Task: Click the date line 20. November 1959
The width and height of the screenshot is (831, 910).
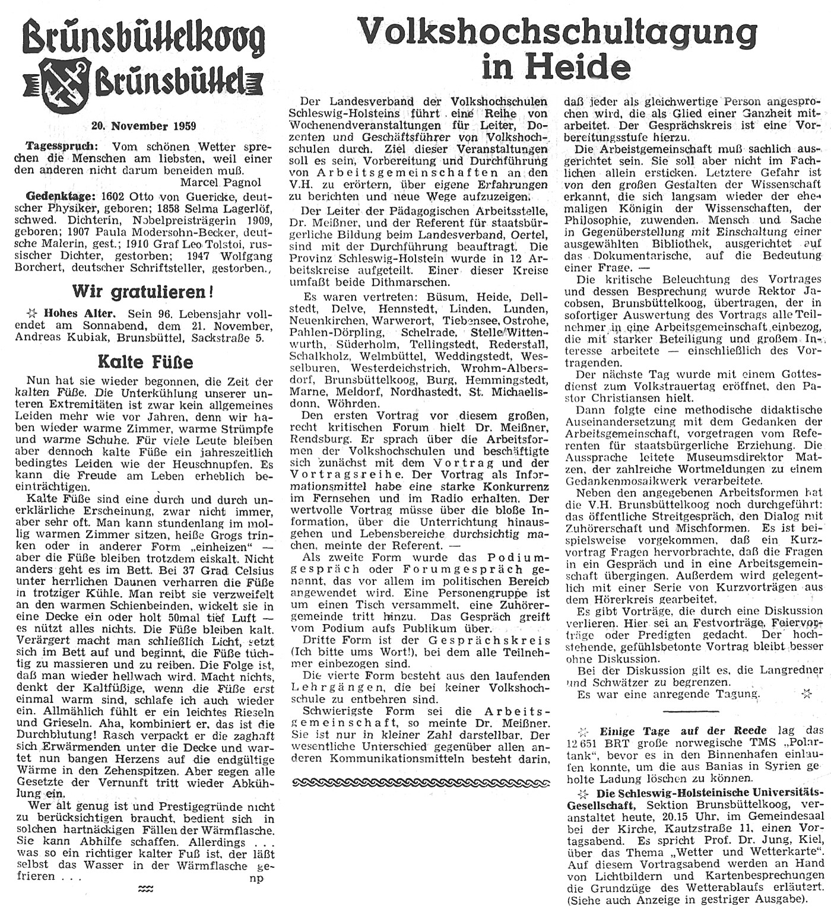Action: (144, 126)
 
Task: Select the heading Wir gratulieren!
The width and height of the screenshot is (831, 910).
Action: (142, 292)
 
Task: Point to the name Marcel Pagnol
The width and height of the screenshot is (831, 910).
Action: (221, 182)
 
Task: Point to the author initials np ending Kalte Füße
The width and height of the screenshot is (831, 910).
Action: (256, 879)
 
